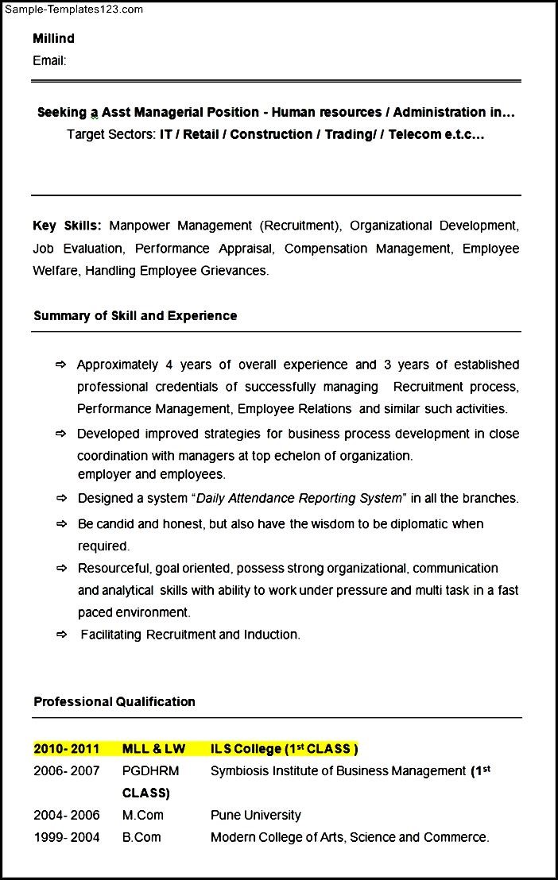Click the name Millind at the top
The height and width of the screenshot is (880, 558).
click(x=53, y=38)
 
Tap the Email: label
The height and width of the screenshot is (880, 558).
click(x=49, y=60)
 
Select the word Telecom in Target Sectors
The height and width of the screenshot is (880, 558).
click(x=415, y=134)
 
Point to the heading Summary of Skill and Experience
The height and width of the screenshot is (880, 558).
click(x=135, y=315)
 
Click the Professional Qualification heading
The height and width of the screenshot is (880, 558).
click(x=114, y=701)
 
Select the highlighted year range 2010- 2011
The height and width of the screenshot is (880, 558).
click(x=67, y=748)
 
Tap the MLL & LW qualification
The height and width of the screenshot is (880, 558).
click(x=153, y=748)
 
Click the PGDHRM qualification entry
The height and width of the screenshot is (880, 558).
click(x=150, y=770)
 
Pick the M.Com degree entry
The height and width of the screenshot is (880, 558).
click(x=143, y=815)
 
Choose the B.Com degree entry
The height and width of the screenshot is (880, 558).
click(x=141, y=837)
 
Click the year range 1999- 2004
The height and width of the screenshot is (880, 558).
click(x=67, y=837)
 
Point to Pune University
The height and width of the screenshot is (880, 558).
click(x=256, y=815)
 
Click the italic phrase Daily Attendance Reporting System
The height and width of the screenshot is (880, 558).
click(x=299, y=498)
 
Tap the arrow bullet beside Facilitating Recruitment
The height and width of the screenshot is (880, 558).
click(x=61, y=634)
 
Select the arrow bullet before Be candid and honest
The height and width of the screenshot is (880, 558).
click(x=61, y=524)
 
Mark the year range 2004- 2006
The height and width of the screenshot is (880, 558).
click(x=67, y=815)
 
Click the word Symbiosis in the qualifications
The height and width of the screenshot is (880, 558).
click(x=238, y=770)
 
